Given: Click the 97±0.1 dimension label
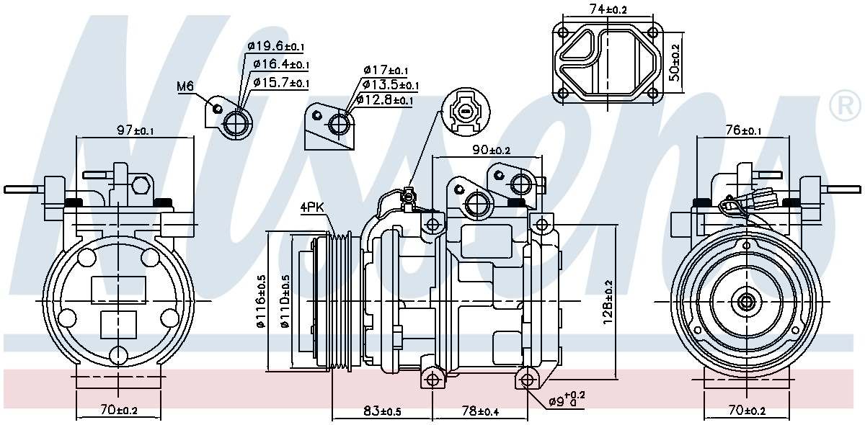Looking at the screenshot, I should point(135,130).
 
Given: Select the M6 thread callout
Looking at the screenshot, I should point(185,86).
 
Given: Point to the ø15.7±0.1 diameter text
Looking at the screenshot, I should point(281,83).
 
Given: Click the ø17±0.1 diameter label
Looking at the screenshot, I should point(385,70).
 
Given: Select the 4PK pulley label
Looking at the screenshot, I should point(313,208).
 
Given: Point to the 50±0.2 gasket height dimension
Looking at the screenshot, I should point(675,63).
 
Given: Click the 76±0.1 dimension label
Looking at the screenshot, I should point(742,130).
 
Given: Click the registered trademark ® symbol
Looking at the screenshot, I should point(845,106).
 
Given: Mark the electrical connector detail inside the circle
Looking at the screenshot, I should point(466,112).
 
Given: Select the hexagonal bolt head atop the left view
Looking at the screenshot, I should point(141,187).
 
